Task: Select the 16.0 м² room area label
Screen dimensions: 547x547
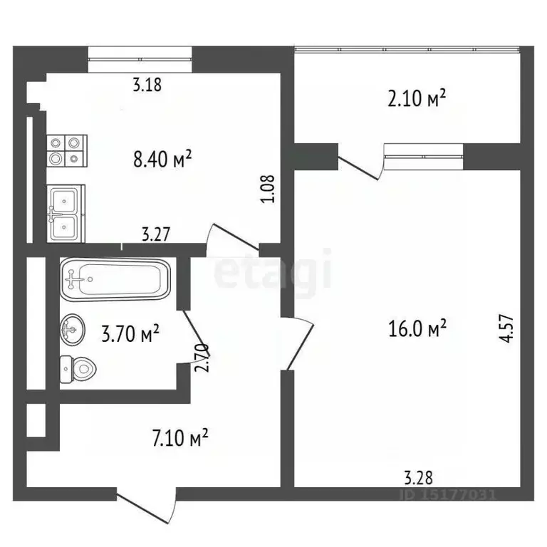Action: click(x=417, y=329)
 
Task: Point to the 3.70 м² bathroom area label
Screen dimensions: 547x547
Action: click(x=130, y=333)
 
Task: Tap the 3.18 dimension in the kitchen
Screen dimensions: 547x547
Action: click(x=147, y=85)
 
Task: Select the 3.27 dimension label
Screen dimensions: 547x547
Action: click(x=156, y=234)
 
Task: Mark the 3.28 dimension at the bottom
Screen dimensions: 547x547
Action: click(x=418, y=476)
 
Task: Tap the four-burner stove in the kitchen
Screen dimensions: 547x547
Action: click(x=66, y=151)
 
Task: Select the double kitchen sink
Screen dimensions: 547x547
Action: click(x=66, y=212)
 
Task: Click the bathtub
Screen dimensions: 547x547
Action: click(x=115, y=280)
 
